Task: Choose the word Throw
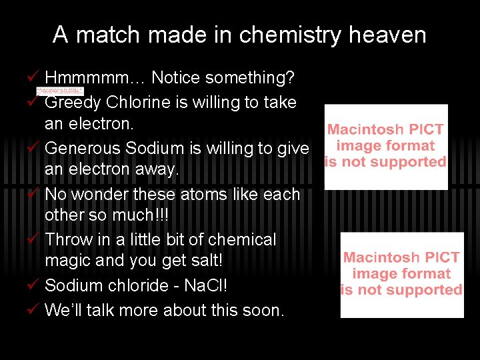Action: coord(69,239)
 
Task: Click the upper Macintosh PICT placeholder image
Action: coord(385,146)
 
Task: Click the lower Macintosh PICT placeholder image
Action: coord(401,275)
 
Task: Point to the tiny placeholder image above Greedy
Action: coord(60,90)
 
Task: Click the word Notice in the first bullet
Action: coord(176,78)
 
